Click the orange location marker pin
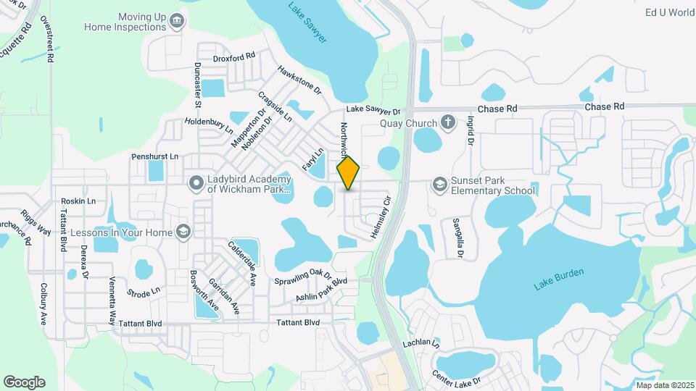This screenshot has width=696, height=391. click(349, 173)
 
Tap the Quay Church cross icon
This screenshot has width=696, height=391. click(449, 122)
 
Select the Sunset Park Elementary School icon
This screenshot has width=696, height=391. click(439, 185)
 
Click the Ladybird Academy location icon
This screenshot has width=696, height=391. click(195, 183)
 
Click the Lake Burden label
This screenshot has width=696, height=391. click(559, 279)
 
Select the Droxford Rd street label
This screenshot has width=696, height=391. click(234, 56)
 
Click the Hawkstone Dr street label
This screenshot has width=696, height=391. click(299, 80)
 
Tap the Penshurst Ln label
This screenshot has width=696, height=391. click(154, 156)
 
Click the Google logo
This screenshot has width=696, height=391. click(24, 382)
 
